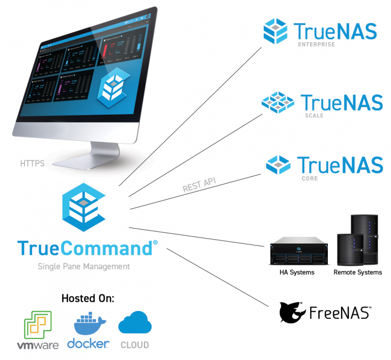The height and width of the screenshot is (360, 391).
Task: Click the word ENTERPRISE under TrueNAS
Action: [316, 45]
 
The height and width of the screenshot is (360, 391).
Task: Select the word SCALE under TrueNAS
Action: [315, 116]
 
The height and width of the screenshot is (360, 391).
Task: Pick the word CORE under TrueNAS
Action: [310, 179]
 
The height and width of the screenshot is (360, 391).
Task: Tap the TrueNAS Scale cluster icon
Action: [278, 102]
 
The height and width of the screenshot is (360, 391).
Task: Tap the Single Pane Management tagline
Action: [84, 266]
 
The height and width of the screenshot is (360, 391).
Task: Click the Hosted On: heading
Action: [88, 298]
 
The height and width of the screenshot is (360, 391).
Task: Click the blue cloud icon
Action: [135, 323]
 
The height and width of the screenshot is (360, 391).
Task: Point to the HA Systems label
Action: [297, 272]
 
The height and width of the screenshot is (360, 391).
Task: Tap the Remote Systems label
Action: [357, 272]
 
